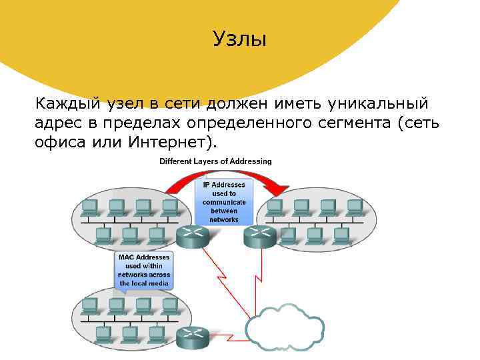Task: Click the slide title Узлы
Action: click(x=239, y=39)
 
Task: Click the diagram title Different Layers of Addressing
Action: click(x=215, y=161)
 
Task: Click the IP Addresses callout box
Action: click(x=224, y=202)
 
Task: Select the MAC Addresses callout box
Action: click(x=143, y=270)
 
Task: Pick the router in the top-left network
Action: click(x=194, y=236)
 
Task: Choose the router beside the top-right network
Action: click(x=259, y=236)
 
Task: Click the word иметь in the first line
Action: click(x=295, y=104)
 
